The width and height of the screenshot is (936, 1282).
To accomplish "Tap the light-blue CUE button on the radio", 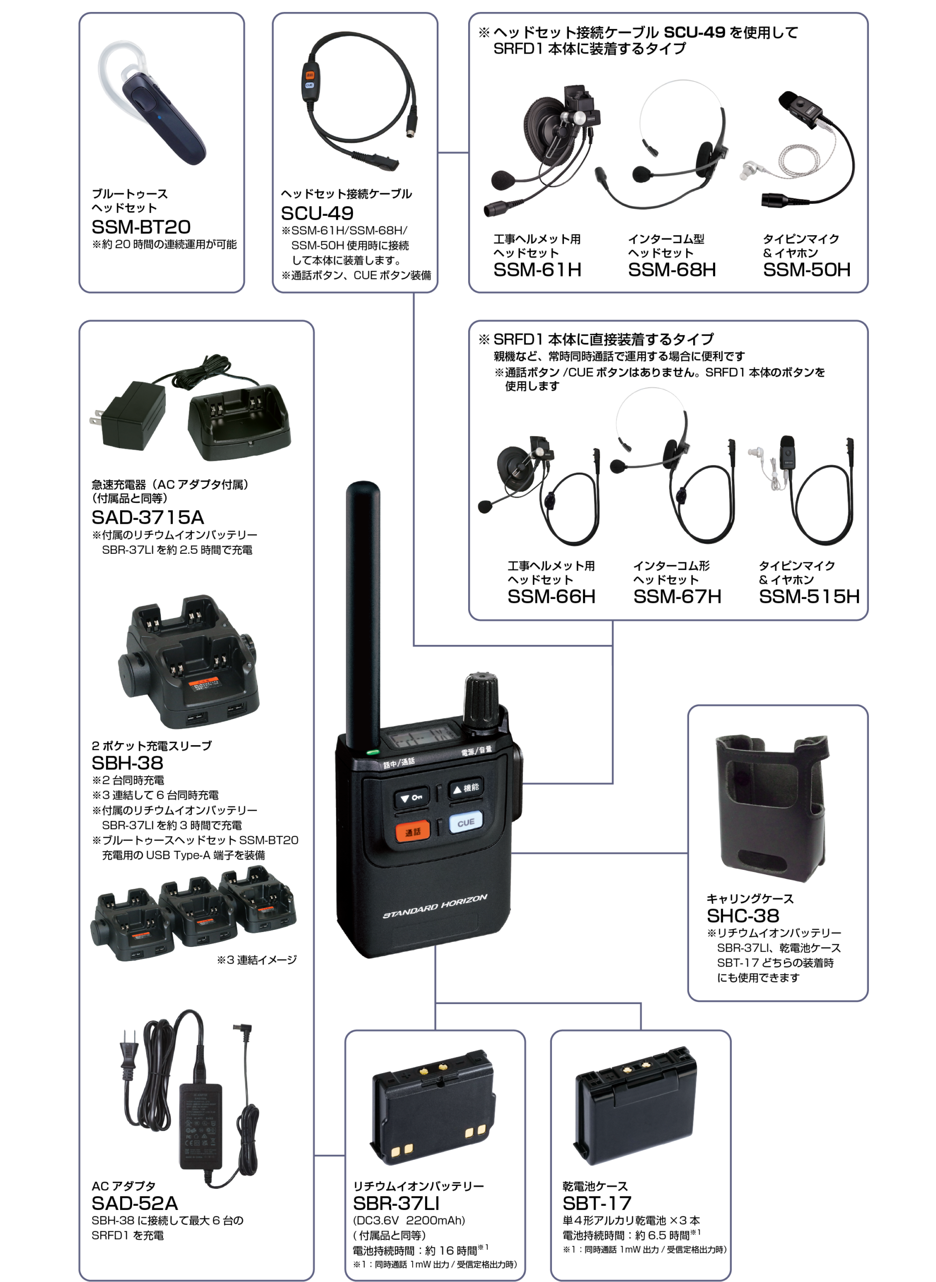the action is tap(466, 822).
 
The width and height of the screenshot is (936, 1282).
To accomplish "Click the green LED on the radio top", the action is tap(372, 753).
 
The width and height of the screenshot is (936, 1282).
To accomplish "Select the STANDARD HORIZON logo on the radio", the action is tap(435, 906).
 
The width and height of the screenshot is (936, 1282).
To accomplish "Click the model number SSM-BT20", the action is tap(141, 226).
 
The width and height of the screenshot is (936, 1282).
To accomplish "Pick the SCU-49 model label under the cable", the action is tap(318, 213).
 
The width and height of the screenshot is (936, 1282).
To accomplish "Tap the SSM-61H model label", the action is tap(537, 269).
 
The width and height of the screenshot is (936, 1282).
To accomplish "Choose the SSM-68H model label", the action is tap(672, 269).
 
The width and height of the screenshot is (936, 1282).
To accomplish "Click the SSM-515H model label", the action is tap(809, 596).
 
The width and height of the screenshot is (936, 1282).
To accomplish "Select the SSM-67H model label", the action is tap(677, 596).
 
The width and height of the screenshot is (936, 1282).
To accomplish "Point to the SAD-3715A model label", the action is tap(148, 517).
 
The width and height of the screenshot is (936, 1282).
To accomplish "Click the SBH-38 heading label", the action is tap(128, 763).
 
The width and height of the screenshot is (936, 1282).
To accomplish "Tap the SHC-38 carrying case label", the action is tap(743, 915).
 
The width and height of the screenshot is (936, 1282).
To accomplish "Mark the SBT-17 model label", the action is tap(596, 1203).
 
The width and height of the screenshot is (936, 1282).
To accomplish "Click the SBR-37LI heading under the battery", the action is tap(396, 1203).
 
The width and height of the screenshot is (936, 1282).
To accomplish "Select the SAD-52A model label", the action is tap(135, 1203).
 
